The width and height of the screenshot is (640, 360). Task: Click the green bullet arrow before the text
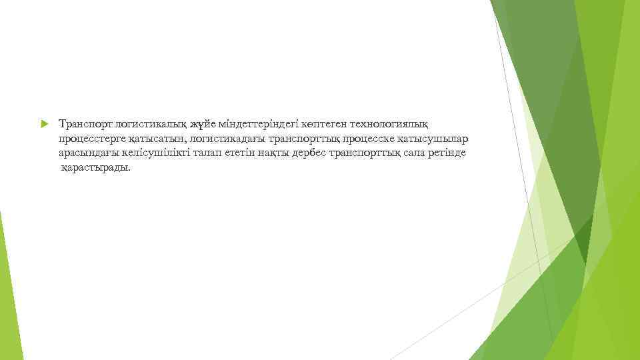[44, 125]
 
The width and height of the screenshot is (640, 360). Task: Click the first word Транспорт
[85, 125]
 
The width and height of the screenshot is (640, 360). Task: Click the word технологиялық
[389, 125]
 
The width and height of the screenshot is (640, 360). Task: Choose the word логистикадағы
[227, 139]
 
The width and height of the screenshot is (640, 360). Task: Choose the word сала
[405, 153]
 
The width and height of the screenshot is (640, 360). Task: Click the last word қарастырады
[96, 168]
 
